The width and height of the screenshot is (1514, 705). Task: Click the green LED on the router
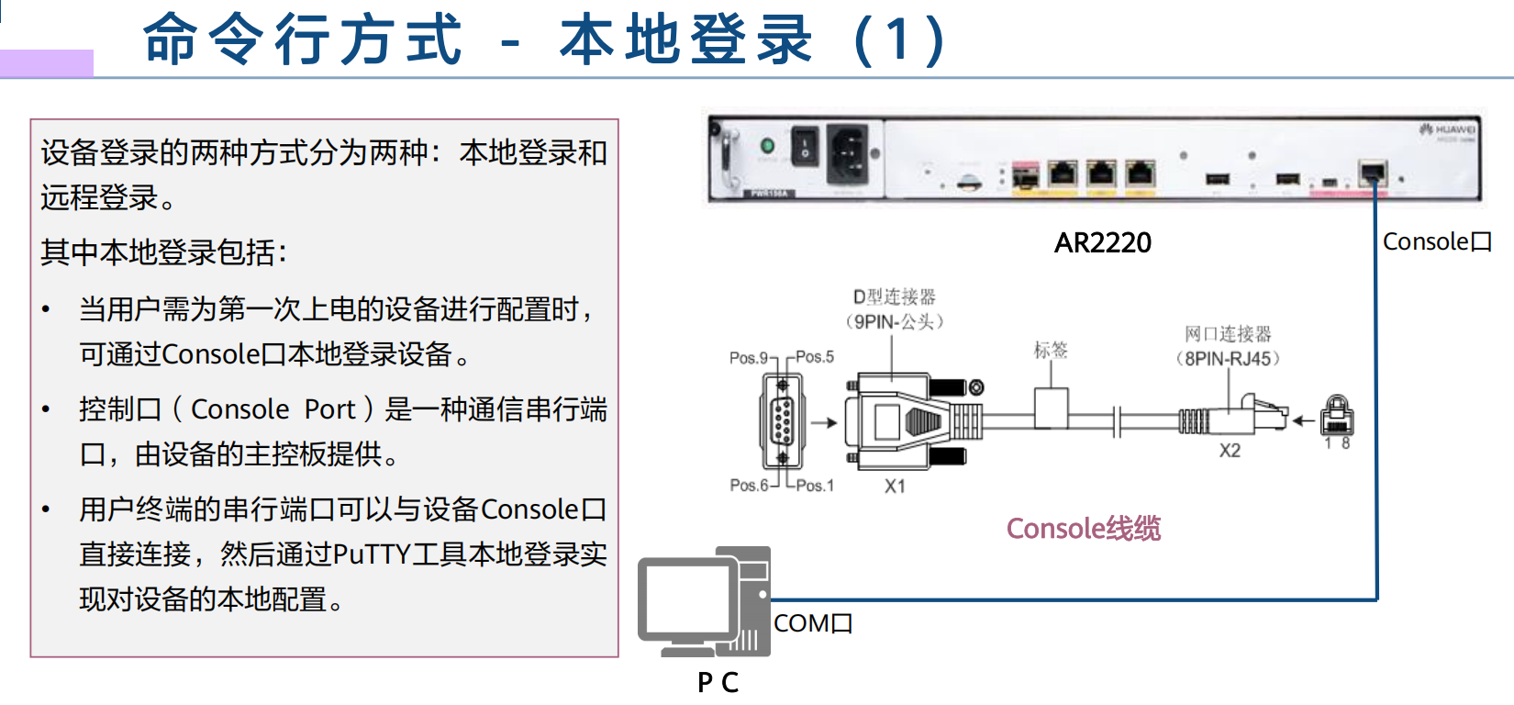click(768, 145)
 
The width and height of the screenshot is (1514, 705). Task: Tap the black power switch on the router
click(805, 145)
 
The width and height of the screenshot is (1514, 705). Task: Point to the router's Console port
click(1373, 173)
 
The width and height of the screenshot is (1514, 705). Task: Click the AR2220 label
click(1102, 242)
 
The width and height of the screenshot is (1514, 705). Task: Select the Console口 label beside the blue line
click(1437, 241)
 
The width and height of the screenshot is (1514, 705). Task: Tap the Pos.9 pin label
click(748, 357)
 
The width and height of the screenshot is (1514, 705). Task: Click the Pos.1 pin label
click(815, 485)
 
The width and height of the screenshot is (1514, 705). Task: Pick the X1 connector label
click(895, 486)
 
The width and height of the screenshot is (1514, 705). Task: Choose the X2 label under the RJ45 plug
click(1230, 451)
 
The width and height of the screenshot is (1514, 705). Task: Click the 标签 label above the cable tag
click(1051, 350)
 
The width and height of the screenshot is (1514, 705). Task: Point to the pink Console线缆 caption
click(1083, 528)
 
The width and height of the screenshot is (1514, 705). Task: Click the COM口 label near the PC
click(813, 623)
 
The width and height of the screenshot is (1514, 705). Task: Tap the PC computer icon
click(704, 601)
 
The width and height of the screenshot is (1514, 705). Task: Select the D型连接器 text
click(895, 297)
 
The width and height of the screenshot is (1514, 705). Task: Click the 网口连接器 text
click(1228, 333)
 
